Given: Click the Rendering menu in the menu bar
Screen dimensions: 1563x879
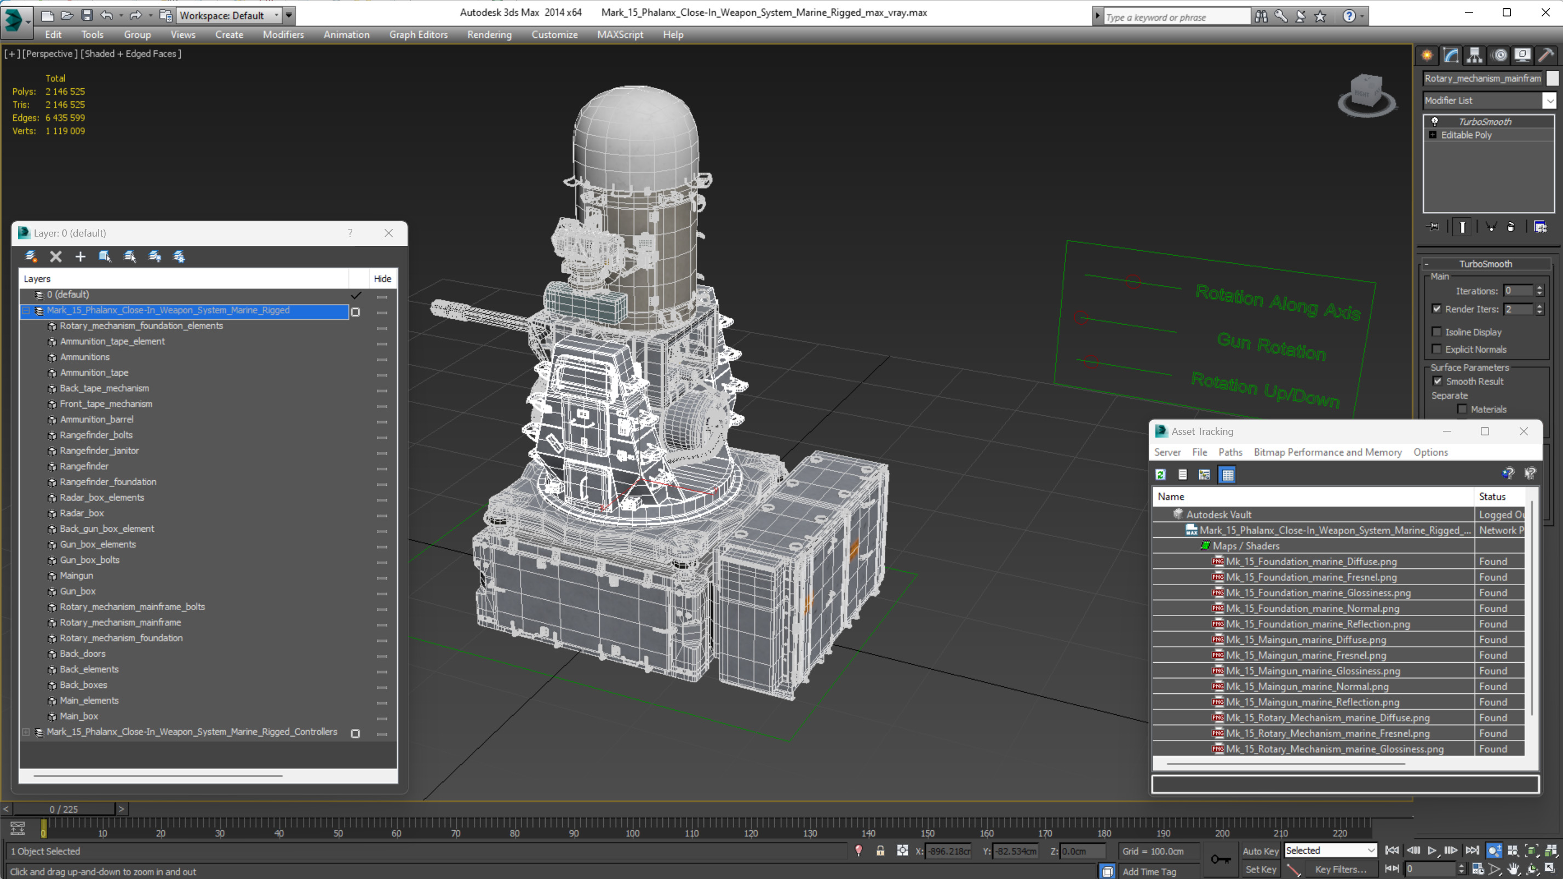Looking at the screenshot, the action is tap(489, 35).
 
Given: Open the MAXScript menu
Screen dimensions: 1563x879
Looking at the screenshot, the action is tap(620, 35).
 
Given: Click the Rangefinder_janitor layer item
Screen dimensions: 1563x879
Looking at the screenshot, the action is tap(99, 450).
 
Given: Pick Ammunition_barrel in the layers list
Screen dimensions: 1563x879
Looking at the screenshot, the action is tap(96, 419).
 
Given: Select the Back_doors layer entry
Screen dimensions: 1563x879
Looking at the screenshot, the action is tap(83, 653).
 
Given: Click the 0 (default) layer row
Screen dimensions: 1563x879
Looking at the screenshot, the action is tap(68, 294).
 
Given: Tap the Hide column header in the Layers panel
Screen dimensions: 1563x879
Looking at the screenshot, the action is tap(382, 278).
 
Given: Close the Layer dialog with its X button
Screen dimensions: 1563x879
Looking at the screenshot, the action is tap(389, 233).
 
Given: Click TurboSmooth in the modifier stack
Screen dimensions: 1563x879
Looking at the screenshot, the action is tap(1485, 122).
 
